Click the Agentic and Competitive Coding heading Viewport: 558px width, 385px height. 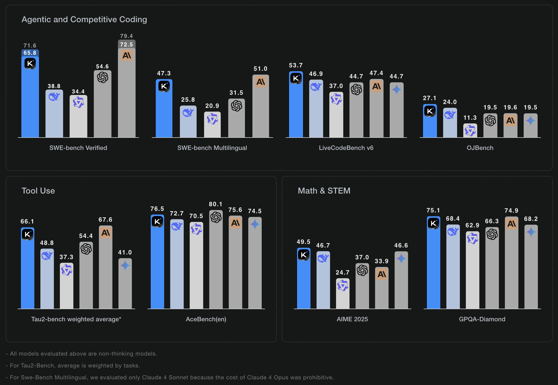point(84,19)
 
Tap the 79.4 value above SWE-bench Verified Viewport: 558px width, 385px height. point(126,36)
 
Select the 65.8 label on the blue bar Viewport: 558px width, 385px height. point(30,53)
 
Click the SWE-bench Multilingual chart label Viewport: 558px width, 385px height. point(212,148)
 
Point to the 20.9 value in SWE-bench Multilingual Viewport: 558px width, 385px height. point(212,106)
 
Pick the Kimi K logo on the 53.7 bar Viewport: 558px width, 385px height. point(296,78)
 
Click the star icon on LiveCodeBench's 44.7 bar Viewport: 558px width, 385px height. point(396,90)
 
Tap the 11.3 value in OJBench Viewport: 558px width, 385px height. point(470,118)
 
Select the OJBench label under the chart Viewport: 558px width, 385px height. point(480,148)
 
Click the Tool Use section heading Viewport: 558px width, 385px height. point(38,191)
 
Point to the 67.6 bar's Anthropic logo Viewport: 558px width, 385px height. point(106,233)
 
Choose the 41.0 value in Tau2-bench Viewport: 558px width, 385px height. point(125,252)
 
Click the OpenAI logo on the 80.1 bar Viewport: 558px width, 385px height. point(216,217)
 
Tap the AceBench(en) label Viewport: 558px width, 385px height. point(206,319)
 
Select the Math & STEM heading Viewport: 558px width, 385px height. point(324,191)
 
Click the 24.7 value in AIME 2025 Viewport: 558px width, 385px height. point(342,272)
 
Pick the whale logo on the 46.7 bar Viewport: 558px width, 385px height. point(323,258)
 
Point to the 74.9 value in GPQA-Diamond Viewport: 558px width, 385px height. point(511,211)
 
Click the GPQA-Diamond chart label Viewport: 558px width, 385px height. point(482,319)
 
